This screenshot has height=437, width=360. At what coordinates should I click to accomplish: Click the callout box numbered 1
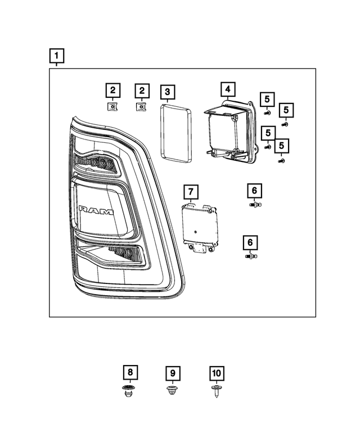[x=56, y=56]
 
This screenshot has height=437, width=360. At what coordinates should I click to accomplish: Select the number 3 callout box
[x=168, y=92]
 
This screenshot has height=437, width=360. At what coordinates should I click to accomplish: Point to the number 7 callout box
[x=191, y=192]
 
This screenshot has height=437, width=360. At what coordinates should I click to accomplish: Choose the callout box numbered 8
[x=130, y=372]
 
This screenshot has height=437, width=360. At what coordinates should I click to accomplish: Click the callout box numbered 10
[x=216, y=373]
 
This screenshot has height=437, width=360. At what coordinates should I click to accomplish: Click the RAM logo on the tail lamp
[x=96, y=210]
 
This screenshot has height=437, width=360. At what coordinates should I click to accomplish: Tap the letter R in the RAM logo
[x=83, y=210]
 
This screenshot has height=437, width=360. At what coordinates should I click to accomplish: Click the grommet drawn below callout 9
[x=173, y=390]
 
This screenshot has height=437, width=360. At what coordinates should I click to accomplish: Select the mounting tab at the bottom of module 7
[x=198, y=249]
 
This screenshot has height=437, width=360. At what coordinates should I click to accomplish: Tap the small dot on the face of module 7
[x=195, y=231]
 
